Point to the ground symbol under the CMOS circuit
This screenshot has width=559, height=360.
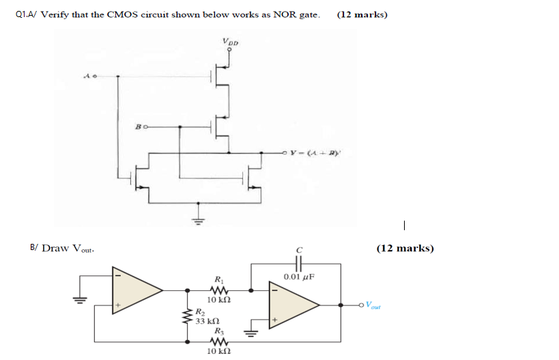[x=199, y=220]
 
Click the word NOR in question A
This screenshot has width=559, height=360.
[x=284, y=15]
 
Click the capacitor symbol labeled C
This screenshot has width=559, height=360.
[x=298, y=263]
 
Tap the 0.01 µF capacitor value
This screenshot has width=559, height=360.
[x=298, y=277]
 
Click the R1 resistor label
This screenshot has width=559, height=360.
[x=218, y=279]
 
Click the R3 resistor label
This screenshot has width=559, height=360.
[x=218, y=330]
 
